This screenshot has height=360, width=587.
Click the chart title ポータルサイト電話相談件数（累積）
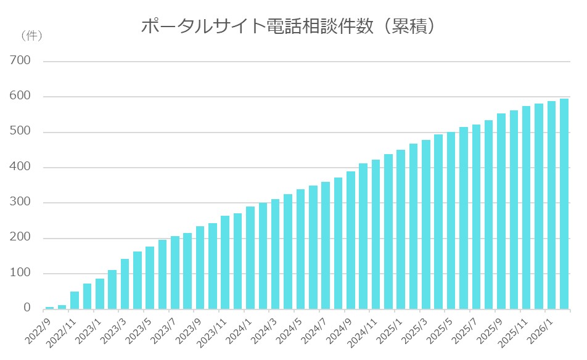[x=290, y=27]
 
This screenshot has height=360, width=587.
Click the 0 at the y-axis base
[x=27, y=308]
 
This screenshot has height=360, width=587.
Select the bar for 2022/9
[x=49, y=308]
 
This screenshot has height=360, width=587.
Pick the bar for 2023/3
[x=125, y=284]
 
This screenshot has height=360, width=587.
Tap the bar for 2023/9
[x=200, y=268]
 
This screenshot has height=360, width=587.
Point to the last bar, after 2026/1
[x=564, y=204]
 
